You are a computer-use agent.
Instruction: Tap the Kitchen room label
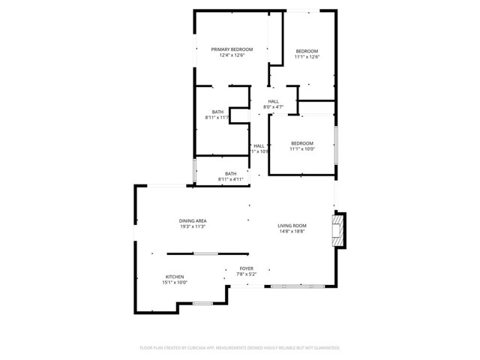[x=174, y=276]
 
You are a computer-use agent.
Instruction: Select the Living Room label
[x=292, y=226]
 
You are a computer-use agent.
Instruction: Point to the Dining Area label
[x=193, y=220]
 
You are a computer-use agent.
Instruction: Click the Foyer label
[x=247, y=268]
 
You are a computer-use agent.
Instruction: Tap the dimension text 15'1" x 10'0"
[x=174, y=282]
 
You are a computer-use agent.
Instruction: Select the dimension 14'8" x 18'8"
[x=292, y=232]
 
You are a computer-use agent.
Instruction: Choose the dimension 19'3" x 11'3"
[x=193, y=226]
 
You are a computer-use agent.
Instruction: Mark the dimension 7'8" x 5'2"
[x=247, y=274]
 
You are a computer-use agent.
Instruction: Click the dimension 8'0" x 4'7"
[x=273, y=107]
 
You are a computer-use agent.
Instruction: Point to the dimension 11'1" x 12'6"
[x=307, y=56]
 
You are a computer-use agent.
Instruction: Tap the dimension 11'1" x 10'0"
[x=302, y=149]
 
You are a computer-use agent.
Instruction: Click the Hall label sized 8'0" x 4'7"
[x=273, y=101]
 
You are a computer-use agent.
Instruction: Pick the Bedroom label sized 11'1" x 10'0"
[x=302, y=143]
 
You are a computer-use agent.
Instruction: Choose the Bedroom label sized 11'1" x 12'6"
[x=307, y=50]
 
